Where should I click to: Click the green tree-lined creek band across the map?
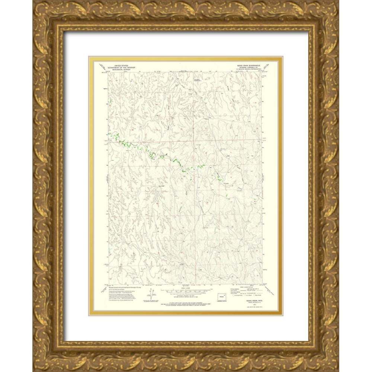[156, 155]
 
